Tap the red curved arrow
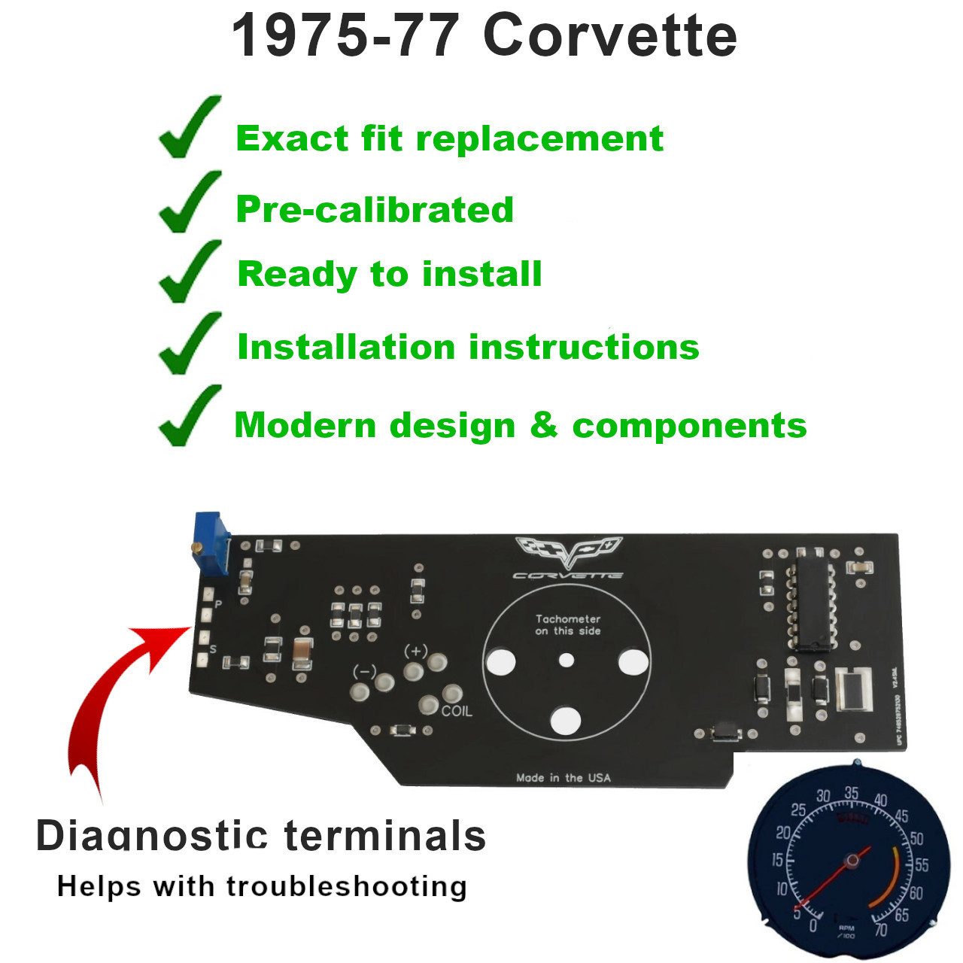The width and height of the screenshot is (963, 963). pyautogui.click(x=113, y=700)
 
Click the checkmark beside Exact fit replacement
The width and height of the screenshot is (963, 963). pyautogui.click(x=190, y=127)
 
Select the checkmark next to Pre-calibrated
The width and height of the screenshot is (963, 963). pyautogui.click(x=190, y=201)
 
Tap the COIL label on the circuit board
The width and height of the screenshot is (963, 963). pyautogui.click(x=457, y=710)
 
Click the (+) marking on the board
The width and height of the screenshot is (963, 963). pyautogui.click(x=415, y=651)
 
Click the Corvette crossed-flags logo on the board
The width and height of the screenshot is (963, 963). pyautogui.click(x=569, y=551)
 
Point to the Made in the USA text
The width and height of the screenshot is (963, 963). pyautogui.click(x=564, y=777)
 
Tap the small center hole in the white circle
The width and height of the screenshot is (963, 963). pyautogui.click(x=567, y=661)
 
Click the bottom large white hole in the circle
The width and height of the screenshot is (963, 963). pyautogui.click(x=566, y=720)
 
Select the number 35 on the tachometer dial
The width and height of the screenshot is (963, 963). pyautogui.click(x=851, y=793)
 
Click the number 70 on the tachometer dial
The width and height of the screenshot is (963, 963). pyautogui.click(x=880, y=930)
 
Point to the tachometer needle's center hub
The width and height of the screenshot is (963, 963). pyautogui.click(x=852, y=860)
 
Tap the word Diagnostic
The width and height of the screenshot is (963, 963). pyautogui.click(x=152, y=836)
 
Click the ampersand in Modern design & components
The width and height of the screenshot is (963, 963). pyautogui.click(x=543, y=425)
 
